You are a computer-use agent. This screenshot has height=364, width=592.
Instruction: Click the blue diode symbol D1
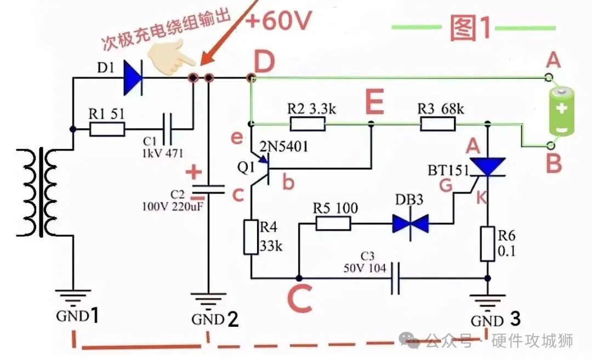pyautogui.click(x=133, y=78)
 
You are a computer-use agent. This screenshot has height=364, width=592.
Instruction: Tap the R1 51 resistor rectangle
pyautogui.click(x=107, y=129)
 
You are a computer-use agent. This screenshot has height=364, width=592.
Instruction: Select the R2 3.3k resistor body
pyautogui.click(x=308, y=124)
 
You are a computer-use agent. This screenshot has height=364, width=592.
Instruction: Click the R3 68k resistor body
pyautogui.click(x=437, y=124)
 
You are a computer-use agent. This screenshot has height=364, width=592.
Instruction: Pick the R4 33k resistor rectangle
pyautogui.click(x=251, y=237)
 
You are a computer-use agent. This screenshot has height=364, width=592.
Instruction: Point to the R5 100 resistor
pyautogui.click(x=333, y=224)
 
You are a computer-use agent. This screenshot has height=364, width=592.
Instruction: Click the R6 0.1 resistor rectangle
pyautogui.click(x=487, y=244)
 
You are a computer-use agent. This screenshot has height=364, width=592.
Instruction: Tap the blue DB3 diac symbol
pyautogui.click(x=411, y=224)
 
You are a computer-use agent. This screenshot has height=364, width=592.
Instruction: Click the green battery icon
pyautogui.click(x=562, y=111)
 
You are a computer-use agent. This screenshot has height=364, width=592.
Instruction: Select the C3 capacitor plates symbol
pyautogui.click(x=395, y=278)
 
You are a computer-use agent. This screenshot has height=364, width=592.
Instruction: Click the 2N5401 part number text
pyautogui.click(x=283, y=146)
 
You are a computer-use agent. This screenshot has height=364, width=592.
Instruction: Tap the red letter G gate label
pyautogui.click(x=446, y=185)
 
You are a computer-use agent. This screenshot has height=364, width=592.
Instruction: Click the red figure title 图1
pyautogui.click(x=470, y=28)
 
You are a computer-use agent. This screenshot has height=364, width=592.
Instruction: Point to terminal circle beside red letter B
pyautogui.click(x=551, y=145)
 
